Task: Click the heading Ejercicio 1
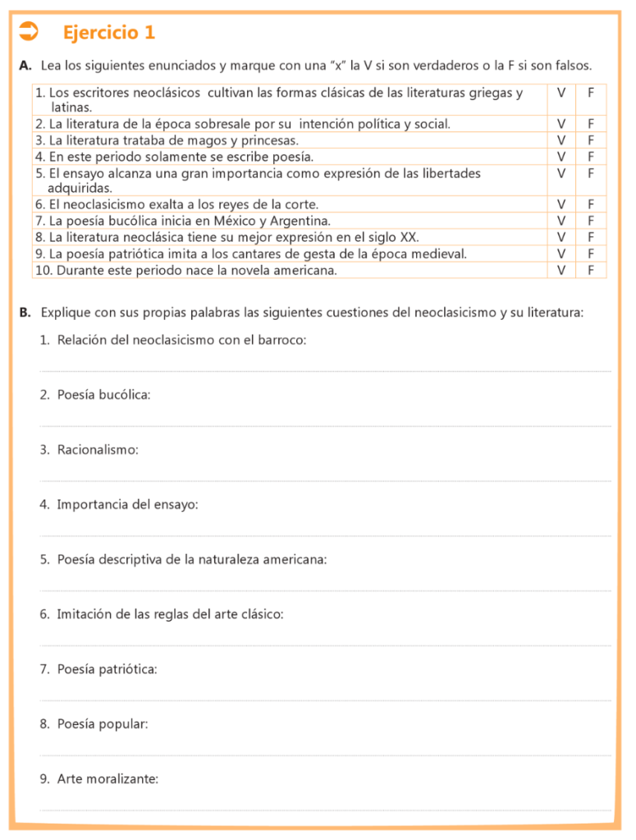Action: tap(108, 33)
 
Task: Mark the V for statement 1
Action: tap(561, 93)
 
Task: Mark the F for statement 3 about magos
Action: tap(590, 140)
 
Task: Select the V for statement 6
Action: tap(561, 204)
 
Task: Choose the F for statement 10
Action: tap(590, 270)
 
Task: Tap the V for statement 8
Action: tap(561, 237)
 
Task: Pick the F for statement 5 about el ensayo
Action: tap(590, 173)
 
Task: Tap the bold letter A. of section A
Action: tap(25, 66)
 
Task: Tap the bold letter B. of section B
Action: tap(25, 313)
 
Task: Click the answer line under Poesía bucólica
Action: tap(325, 426)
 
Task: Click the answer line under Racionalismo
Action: tap(325, 481)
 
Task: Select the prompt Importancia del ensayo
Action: tap(127, 504)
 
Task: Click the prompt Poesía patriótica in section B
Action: tap(107, 669)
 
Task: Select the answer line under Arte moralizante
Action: tap(325, 810)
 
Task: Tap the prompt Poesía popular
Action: tap(103, 724)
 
